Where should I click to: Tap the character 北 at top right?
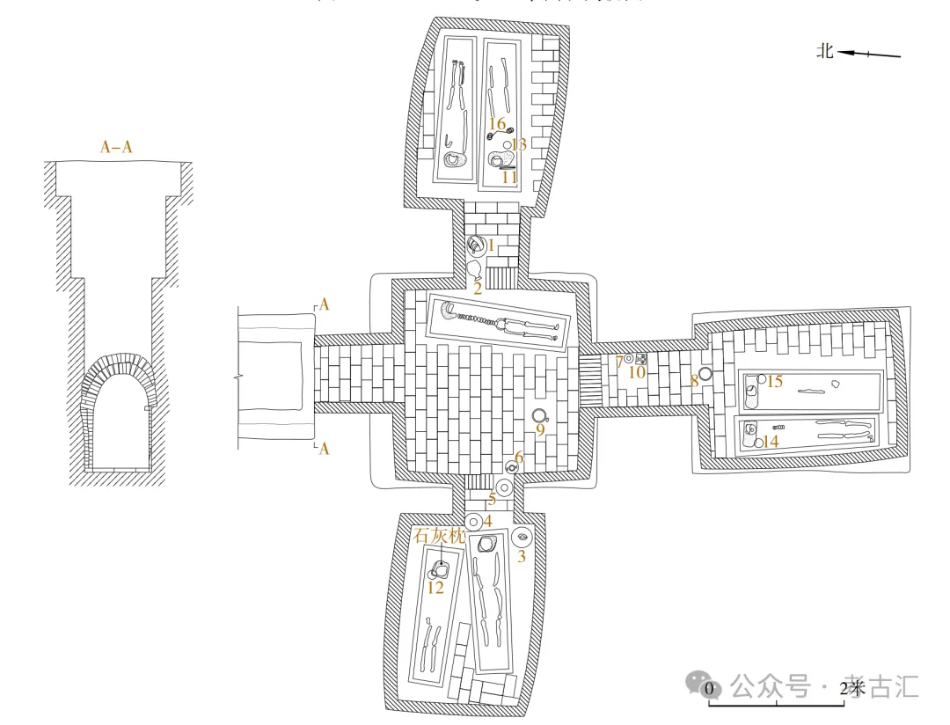click(824, 52)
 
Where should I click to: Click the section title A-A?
click(116, 148)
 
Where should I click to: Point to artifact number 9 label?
click(540, 430)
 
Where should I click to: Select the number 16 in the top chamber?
click(497, 124)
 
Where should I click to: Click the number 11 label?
click(509, 177)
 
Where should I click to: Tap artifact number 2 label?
click(478, 287)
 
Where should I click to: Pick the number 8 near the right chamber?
click(693, 380)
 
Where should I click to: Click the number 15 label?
click(774, 381)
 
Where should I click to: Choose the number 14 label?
click(771, 442)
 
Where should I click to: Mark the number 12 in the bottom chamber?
click(435, 588)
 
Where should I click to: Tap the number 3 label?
click(521, 556)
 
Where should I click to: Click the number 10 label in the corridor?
click(637, 372)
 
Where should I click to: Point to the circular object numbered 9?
click(539, 415)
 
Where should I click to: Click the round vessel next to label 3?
click(522, 536)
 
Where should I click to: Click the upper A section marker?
click(325, 304)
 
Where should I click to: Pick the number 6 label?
click(519, 457)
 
